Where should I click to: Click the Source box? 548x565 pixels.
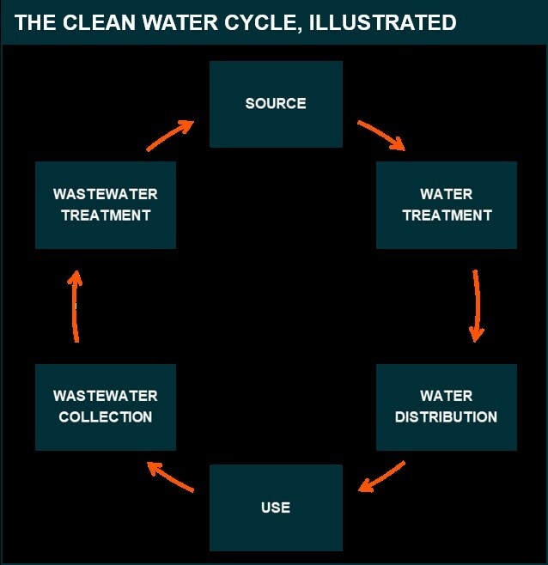point(276,104)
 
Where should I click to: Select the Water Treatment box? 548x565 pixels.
point(447,205)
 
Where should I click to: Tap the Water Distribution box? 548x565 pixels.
point(447,407)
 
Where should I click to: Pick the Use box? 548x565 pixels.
point(276,507)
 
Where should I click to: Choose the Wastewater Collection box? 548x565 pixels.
point(106,407)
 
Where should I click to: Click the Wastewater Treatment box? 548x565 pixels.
point(106,205)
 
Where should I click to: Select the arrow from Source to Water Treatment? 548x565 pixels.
point(382,135)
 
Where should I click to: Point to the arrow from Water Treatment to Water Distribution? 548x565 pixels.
point(478,306)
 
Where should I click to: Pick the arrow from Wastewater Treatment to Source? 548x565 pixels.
point(169,136)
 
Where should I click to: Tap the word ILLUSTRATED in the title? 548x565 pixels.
point(383,22)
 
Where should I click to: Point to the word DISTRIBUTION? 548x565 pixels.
point(446,417)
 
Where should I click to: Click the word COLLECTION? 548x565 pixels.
point(106,417)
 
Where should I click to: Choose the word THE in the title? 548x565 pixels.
point(35,22)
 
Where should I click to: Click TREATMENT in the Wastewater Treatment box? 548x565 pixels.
point(106,216)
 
